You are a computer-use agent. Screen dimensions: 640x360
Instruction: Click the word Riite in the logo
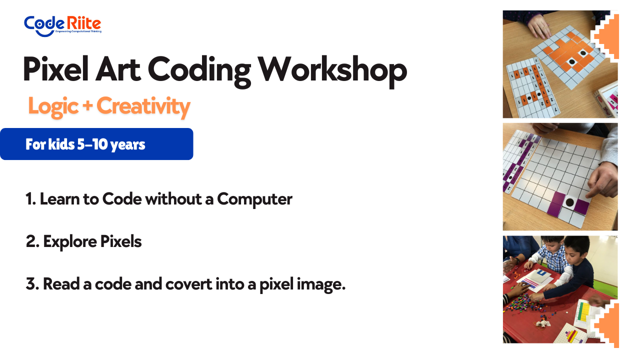(84, 23)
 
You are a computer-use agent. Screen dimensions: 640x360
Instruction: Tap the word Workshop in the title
(332, 70)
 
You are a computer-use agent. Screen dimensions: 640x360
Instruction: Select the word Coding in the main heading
(199, 70)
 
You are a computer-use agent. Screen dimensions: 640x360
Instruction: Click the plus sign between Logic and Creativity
(87, 105)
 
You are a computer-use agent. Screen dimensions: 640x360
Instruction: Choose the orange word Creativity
(143, 106)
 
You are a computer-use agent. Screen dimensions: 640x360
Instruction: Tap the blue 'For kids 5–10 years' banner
(96, 144)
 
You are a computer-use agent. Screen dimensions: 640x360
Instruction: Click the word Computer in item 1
(254, 199)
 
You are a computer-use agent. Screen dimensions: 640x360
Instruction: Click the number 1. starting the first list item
(30, 199)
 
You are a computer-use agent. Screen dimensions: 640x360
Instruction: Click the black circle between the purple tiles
(569, 202)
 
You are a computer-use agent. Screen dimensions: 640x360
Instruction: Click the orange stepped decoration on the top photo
(605, 36)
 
